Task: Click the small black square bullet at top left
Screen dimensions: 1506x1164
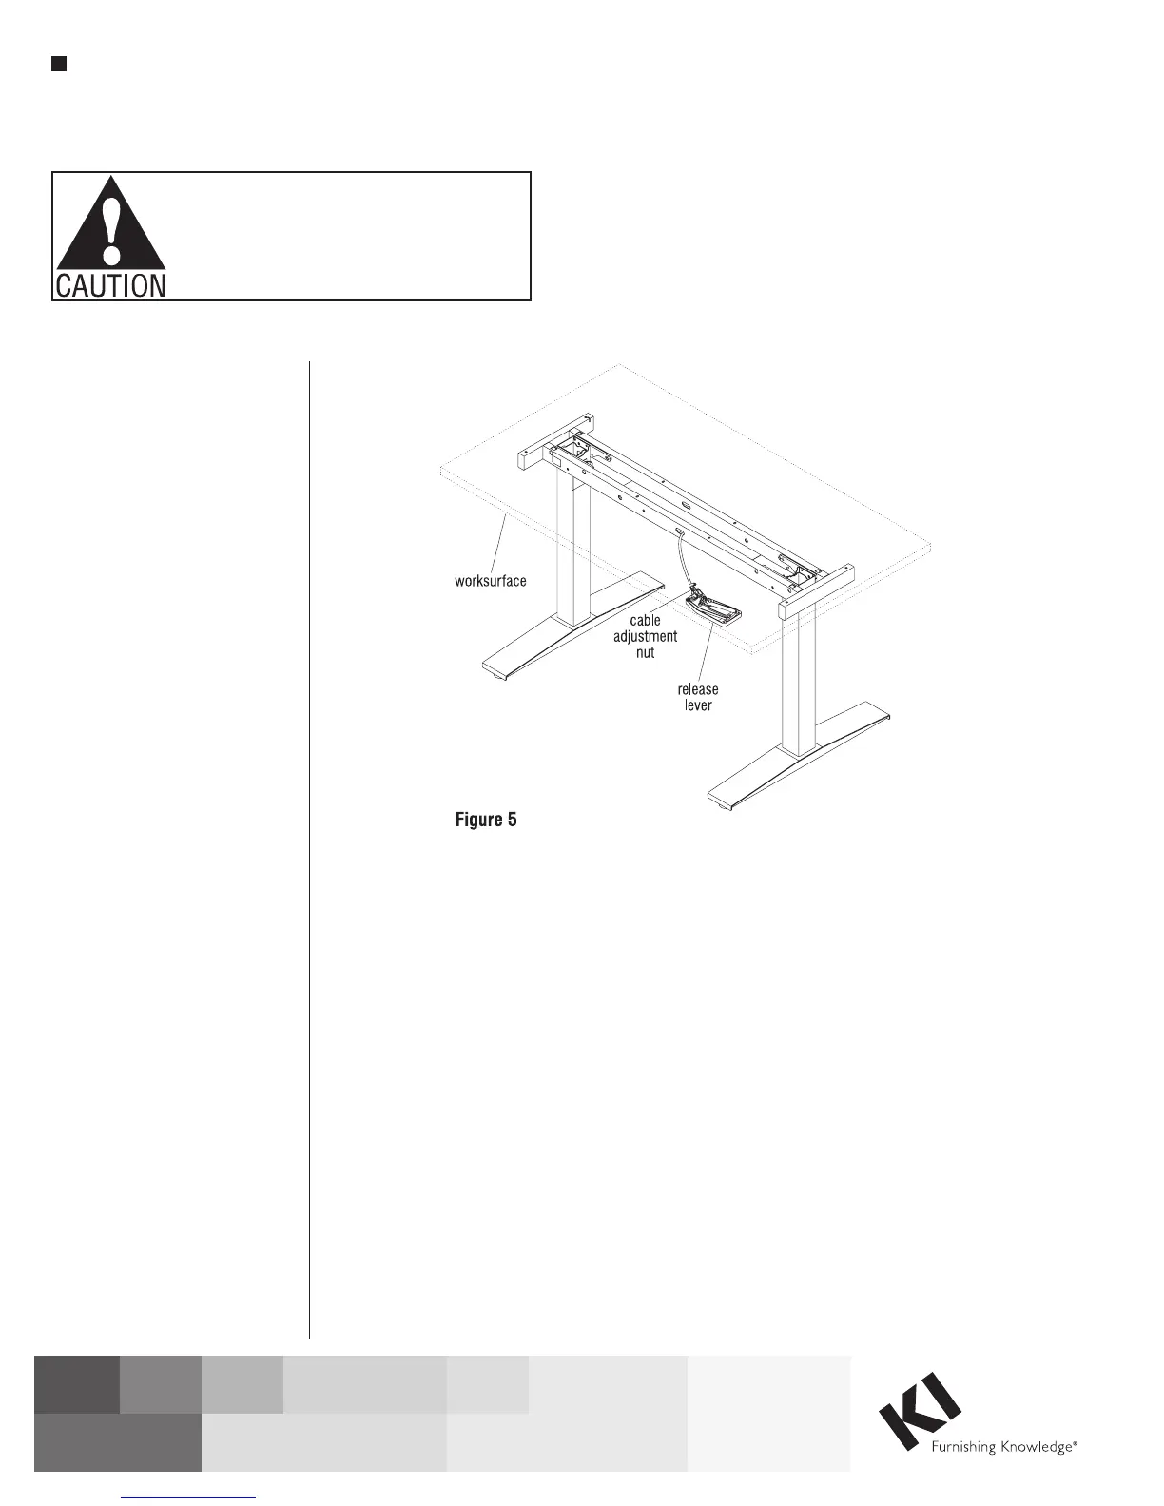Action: tap(58, 64)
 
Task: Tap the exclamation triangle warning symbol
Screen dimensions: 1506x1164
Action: tap(111, 223)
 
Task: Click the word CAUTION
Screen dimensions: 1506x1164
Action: tap(110, 285)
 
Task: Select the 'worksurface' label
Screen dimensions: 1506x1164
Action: tap(490, 581)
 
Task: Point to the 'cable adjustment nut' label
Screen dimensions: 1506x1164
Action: tap(645, 636)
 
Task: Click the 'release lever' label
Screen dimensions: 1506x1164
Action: tap(698, 697)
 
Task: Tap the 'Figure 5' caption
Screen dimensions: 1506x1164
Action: tap(486, 820)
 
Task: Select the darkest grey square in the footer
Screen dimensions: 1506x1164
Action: tap(77, 1384)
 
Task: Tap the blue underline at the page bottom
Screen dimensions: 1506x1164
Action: tap(189, 1497)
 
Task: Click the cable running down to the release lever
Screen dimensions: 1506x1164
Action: tap(681, 561)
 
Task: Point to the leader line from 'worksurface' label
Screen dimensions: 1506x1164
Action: tap(496, 542)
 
